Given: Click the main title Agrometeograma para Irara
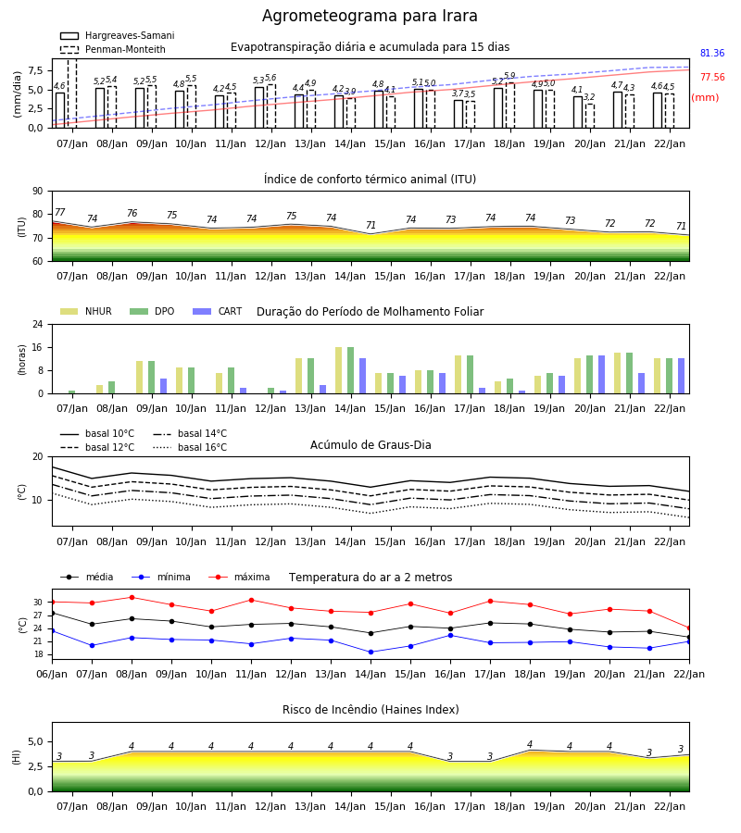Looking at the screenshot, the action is (370, 16).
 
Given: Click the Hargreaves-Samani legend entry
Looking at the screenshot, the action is (117, 35).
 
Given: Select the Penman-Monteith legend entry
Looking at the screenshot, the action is (113, 49).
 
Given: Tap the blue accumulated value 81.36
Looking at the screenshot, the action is (712, 53).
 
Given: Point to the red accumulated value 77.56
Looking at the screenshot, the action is (712, 77).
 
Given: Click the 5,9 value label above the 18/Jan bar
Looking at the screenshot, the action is (509, 76).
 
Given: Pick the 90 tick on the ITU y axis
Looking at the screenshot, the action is (38, 192).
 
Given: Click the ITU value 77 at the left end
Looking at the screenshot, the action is (60, 212).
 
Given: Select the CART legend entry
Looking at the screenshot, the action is (218, 311).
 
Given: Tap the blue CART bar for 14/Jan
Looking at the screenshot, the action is (362, 376).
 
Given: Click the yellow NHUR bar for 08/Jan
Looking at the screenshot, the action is (99, 390).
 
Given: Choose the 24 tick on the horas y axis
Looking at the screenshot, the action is (38, 324).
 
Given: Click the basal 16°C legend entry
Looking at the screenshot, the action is (190, 447).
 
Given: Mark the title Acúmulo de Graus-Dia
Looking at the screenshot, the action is (370, 444).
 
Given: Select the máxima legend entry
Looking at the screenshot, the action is (239, 577).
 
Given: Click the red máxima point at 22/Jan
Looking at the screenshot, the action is (689, 628).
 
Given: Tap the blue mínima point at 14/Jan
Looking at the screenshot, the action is (371, 652).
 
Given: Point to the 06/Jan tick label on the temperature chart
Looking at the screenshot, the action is (52, 674).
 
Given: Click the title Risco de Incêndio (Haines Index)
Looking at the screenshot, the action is (370, 710).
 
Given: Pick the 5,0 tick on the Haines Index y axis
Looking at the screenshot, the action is (36, 741).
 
